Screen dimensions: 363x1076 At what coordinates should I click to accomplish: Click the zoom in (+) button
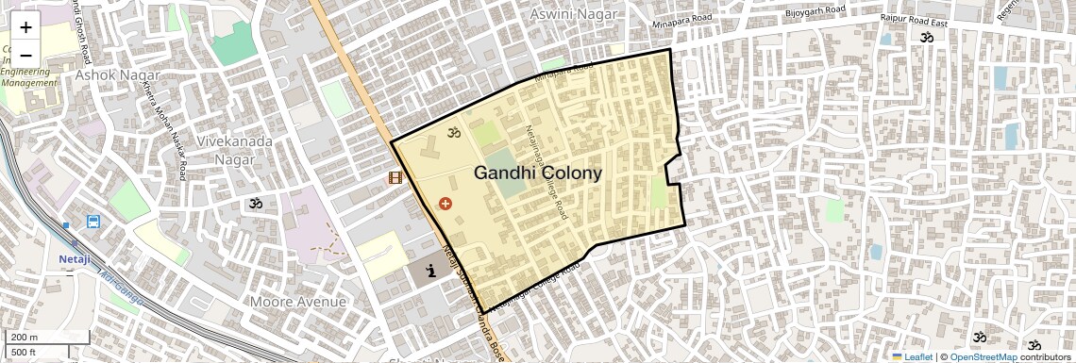[x=25, y=28]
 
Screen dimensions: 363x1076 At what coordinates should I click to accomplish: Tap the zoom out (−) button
[x=25, y=55]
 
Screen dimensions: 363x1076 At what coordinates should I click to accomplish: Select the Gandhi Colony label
[x=537, y=173]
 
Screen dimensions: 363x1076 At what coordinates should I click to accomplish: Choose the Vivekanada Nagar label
[x=234, y=151]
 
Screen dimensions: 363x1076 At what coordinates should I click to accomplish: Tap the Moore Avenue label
[x=297, y=302]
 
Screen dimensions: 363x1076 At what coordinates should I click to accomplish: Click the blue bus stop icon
[x=93, y=223]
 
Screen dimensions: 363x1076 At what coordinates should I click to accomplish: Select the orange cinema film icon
[x=395, y=177]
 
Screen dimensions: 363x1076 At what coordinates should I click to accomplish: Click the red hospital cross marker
[x=446, y=203]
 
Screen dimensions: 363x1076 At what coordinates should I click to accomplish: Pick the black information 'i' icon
[x=431, y=272]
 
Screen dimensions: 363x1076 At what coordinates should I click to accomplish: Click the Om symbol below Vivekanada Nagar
[x=254, y=203]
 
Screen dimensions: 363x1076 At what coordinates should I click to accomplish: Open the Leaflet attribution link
[x=912, y=356]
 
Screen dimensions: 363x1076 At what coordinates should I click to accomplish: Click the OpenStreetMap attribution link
[x=984, y=356]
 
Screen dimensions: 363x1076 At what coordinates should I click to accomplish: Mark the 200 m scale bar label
[x=25, y=338]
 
